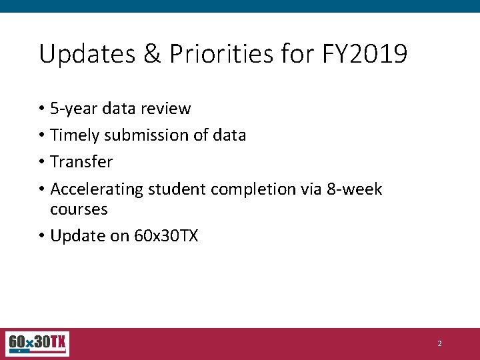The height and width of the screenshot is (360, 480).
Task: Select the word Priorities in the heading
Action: (221, 54)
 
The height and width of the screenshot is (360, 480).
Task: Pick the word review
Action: (167, 109)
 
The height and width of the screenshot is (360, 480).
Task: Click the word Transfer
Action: (81, 162)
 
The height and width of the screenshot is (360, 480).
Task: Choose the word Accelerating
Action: (97, 189)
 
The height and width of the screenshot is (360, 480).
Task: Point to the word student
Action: (177, 189)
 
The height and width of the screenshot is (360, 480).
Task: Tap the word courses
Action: (79, 209)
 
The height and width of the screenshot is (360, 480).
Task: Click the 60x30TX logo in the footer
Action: (37, 343)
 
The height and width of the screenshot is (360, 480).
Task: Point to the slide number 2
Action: (439, 344)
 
